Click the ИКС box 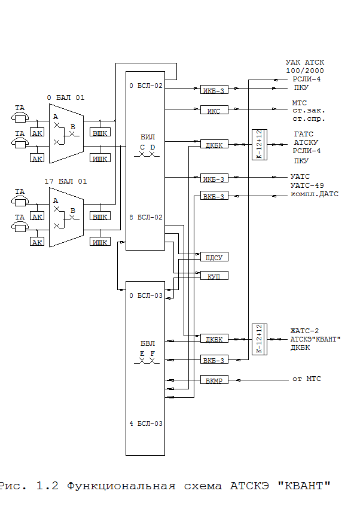pyautogui.click(x=213, y=110)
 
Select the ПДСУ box pyautogui.click(x=213, y=257)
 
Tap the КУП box pyautogui.click(x=213, y=276)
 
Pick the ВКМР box pyautogui.click(x=213, y=380)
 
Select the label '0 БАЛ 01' pyautogui.click(x=65, y=97)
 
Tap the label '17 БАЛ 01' pyautogui.click(x=65, y=180)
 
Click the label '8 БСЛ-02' pyautogui.click(x=146, y=218)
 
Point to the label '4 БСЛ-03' pyautogui.click(x=146, y=423)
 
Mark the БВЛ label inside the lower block pyautogui.click(x=147, y=343)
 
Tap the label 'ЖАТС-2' pyautogui.click(x=305, y=330)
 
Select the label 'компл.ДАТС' pyautogui.click(x=315, y=194)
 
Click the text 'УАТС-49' pyautogui.click(x=307, y=185)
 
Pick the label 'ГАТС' pyautogui.click(x=304, y=134)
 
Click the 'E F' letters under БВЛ pyautogui.click(x=147, y=353)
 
